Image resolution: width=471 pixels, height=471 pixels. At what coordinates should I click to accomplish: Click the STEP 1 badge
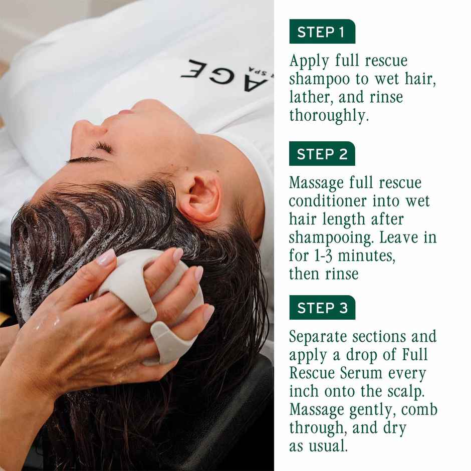click(x=322, y=32)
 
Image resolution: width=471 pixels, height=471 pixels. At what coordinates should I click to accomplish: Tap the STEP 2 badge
click(x=322, y=154)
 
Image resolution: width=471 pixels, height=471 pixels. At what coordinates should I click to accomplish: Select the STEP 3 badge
click(x=322, y=307)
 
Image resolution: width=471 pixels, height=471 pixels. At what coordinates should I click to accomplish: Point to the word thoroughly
click(x=329, y=115)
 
